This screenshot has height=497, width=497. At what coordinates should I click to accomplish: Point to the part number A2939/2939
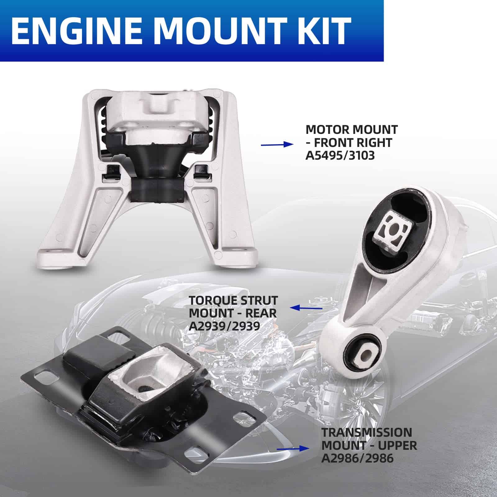click(x=225, y=326)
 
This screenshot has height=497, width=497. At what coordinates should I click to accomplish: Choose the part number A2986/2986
click(x=357, y=458)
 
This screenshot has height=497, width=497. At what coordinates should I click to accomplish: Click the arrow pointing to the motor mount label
click(x=277, y=144)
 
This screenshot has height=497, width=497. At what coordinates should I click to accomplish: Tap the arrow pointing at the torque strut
click(x=306, y=308)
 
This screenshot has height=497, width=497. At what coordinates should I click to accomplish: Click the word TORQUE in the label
click(x=210, y=300)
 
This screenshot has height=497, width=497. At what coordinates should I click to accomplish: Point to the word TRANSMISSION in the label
click(x=367, y=432)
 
